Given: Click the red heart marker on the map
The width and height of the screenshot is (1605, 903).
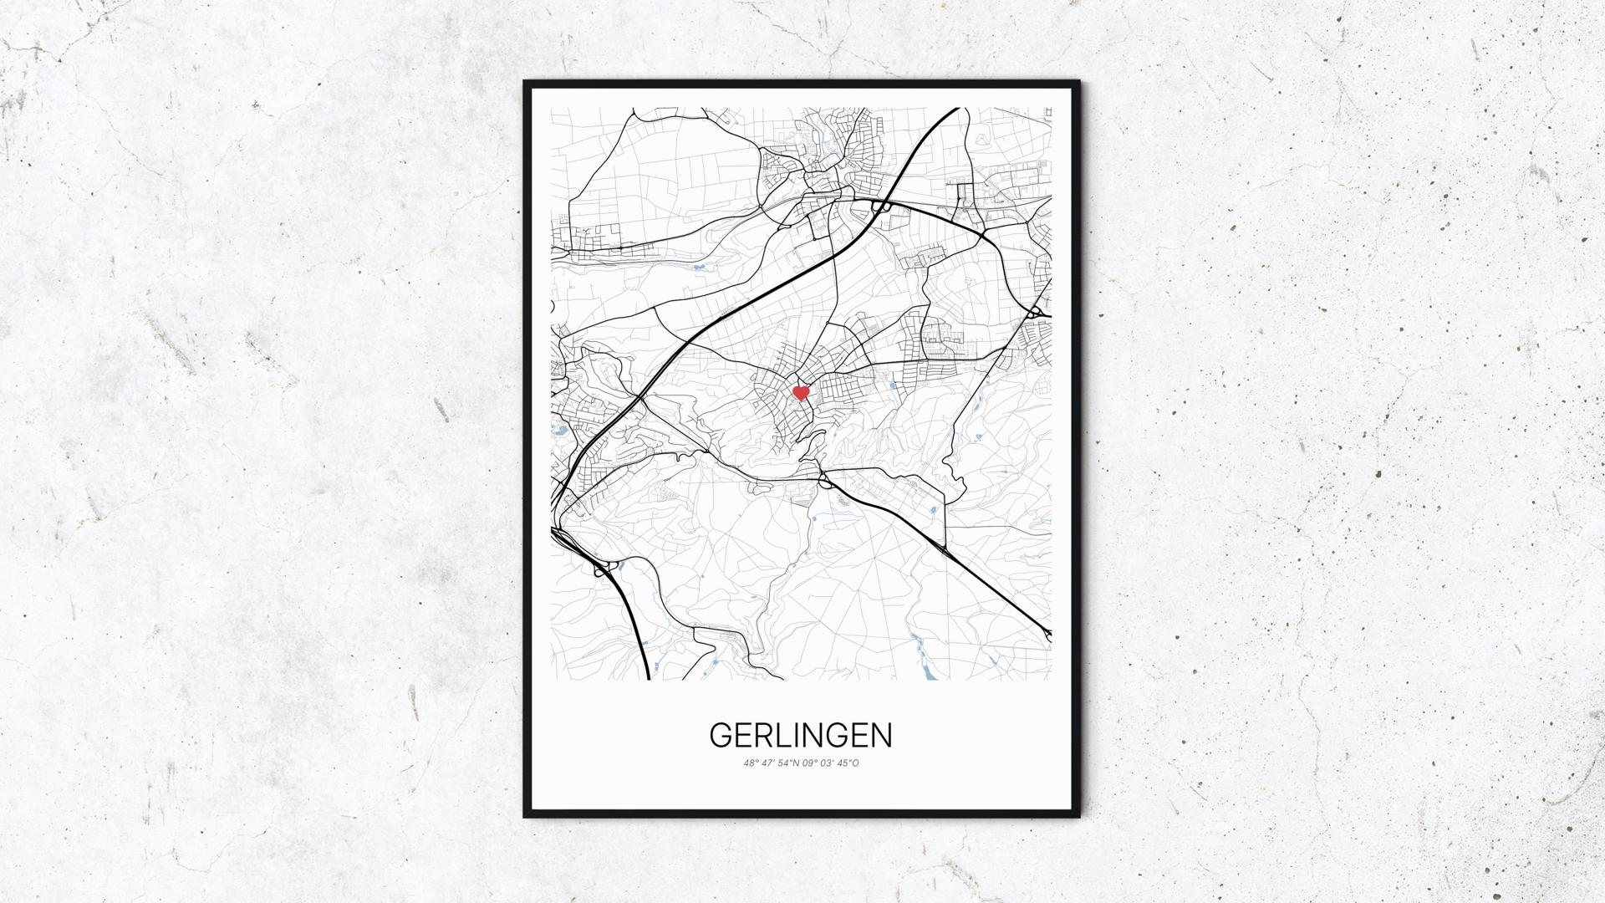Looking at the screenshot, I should [x=801, y=392].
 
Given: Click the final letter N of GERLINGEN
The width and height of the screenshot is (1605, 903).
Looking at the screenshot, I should [x=881, y=736].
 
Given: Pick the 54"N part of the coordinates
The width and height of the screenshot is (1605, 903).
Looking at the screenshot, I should [x=789, y=763].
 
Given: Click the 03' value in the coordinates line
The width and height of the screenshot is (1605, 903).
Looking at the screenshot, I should [x=830, y=763].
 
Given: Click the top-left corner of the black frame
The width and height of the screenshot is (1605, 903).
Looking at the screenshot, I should [x=526, y=83].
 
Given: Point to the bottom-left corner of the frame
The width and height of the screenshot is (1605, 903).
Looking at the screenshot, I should [x=526, y=817].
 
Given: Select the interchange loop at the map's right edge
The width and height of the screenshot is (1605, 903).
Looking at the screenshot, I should [x=1037, y=312].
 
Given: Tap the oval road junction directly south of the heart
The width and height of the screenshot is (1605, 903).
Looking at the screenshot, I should [x=825, y=481].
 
